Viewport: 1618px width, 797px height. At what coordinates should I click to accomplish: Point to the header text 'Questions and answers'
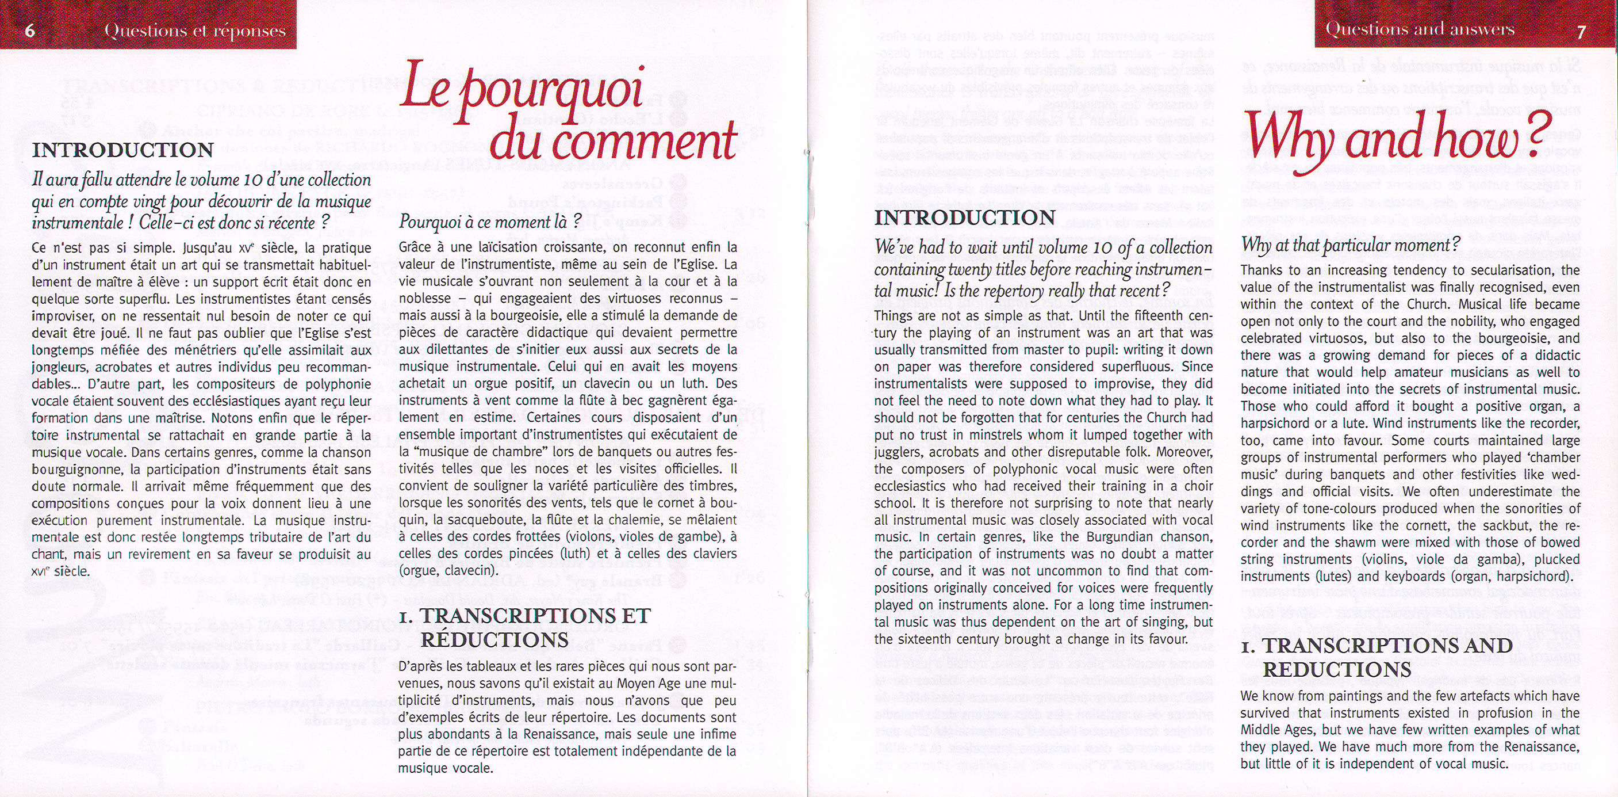[x=1420, y=29]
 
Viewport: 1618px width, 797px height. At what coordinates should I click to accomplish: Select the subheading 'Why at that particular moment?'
[x=1351, y=245]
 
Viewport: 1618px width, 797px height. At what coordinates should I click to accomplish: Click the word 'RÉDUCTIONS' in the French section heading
[x=494, y=640]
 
